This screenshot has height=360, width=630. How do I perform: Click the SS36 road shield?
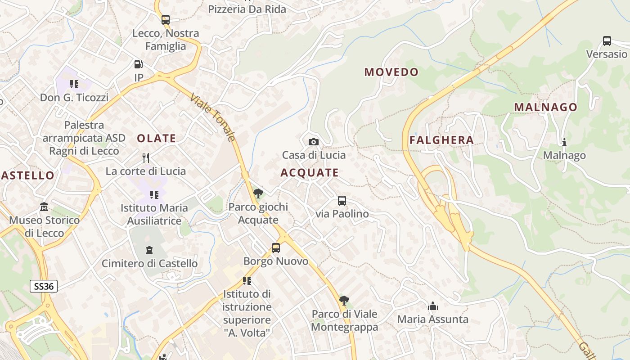click(x=44, y=286)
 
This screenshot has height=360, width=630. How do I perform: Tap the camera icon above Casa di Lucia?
click(x=314, y=142)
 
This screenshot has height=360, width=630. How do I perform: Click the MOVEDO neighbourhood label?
click(x=391, y=72)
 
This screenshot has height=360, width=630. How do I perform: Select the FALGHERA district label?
click(x=441, y=140)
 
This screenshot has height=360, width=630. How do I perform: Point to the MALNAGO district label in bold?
click(x=545, y=107)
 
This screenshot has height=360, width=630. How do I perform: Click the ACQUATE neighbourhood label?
click(x=310, y=173)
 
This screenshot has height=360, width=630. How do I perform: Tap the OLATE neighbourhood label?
click(x=156, y=139)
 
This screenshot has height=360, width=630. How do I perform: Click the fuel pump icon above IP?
click(x=139, y=64)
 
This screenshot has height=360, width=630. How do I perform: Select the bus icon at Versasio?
click(x=607, y=41)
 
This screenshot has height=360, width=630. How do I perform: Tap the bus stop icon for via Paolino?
click(x=342, y=201)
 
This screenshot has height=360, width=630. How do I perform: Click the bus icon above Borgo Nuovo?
click(x=276, y=248)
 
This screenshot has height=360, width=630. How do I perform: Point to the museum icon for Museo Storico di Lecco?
click(x=44, y=207)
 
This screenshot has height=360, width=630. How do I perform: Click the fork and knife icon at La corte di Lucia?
click(x=145, y=158)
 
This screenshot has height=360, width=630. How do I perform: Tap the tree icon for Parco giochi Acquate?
click(x=258, y=194)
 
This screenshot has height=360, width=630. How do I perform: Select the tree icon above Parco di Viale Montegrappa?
click(x=344, y=301)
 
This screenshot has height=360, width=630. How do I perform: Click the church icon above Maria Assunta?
click(x=433, y=306)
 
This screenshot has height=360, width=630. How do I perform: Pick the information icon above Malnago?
click(x=564, y=142)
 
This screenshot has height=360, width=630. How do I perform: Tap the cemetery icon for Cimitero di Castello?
click(x=149, y=250)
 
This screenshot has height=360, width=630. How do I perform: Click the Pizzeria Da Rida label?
click(x=247, y=9)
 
